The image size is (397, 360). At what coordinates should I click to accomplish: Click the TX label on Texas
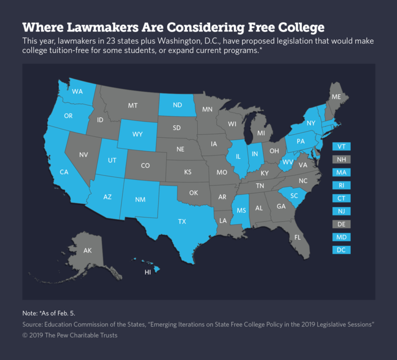[182, 222]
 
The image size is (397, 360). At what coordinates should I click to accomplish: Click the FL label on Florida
[297, 238]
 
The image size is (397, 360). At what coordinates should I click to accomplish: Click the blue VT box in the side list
[341, 146]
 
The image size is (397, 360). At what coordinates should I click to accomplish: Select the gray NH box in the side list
[341, 159]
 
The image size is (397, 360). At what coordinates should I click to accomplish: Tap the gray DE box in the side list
[341, 224]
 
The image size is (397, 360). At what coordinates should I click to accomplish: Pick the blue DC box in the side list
[341, 250]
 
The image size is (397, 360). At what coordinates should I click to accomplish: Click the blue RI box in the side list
[341, 185]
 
